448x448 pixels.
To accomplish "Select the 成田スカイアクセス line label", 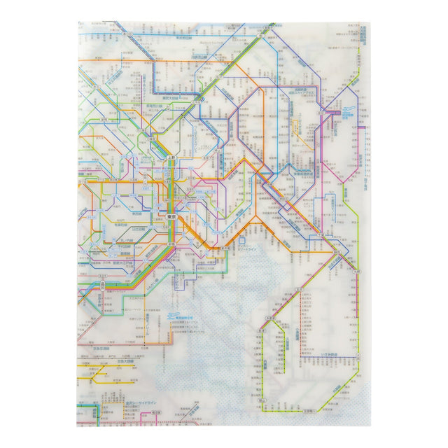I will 294,91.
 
